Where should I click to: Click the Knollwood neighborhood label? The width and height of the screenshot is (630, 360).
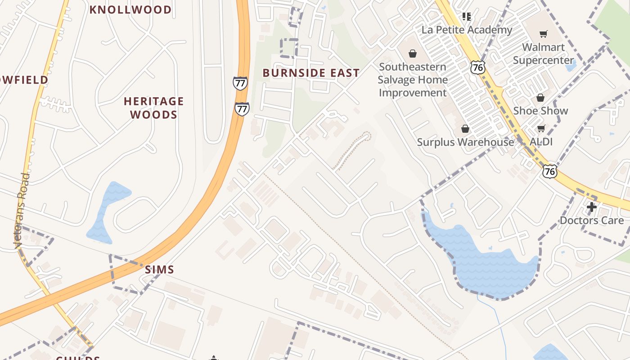(130, 9)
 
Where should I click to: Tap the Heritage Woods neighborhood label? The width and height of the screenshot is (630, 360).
(154, 108)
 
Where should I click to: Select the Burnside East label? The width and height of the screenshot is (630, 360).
(311, 73)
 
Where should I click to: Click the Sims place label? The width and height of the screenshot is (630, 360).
(159, 270)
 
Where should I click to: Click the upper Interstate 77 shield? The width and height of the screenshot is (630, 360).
(240, 83)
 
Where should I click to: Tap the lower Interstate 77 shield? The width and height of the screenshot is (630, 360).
(242, 109)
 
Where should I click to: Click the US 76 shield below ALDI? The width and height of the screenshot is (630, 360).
(549, 171)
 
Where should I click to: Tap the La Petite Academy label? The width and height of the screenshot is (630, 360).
(467, 30)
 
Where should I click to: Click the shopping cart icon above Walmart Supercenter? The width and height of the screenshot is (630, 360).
(544, 34)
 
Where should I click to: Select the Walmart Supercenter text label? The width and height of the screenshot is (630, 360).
(543, 54)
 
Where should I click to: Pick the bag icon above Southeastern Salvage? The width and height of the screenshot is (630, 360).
(412, 54)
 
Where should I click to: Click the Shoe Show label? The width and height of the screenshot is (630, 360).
(540, 111)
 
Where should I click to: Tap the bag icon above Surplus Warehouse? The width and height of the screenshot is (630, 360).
(465, 129)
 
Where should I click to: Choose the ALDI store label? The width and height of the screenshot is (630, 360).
(541, 142)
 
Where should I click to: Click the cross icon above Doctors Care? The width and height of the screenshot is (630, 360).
(591, 207)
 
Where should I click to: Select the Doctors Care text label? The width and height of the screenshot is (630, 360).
(591, 220)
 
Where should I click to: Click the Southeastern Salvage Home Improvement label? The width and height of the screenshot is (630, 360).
(413, 80)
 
